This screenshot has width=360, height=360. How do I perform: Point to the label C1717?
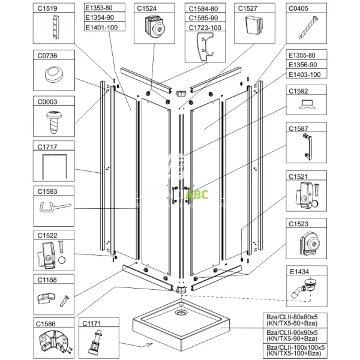pyautogui.click(x=42, y=146)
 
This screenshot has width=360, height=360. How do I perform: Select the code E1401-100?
pyautogui.click(x=100, y=28)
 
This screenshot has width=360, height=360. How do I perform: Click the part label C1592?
pyautogui.click(x=298, y=92)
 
